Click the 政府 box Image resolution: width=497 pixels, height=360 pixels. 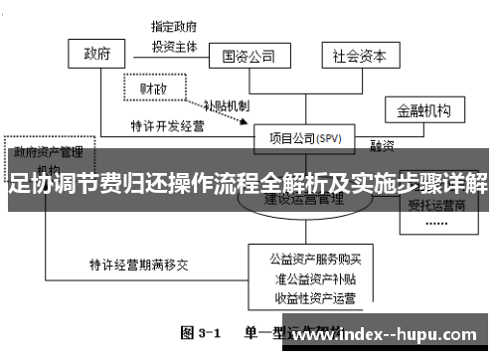click(x=96, y=52)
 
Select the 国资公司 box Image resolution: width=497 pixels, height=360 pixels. click(x=248, y=56)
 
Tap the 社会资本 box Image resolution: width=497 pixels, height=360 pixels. click(x=359, y=56)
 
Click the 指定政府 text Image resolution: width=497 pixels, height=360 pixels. click(x=174, y=25)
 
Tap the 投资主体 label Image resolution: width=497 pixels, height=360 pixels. click(x=174, y=46)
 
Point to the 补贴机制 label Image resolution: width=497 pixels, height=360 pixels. click(x=226, y=105)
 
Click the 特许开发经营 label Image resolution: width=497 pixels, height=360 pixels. click(x=168, y=126)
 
